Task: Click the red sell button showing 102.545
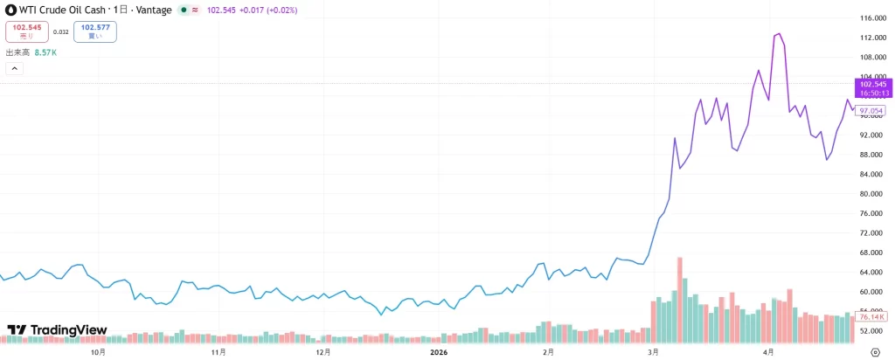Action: tap(26, 31)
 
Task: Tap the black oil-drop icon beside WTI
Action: tap(10, 10)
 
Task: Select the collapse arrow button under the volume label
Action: tap(14, 68)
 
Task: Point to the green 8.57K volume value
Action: tap(45, 52)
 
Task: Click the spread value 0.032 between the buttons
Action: tap(60, 32)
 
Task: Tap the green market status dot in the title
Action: tap(184, 10)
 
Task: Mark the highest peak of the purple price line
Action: tap(779, 34)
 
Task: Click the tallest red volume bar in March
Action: tap(680, 300)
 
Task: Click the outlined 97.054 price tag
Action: tap(870, 111)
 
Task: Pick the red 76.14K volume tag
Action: tap(870, 316)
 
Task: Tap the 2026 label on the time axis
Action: tap(440, 352)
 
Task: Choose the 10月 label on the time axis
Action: tap(98, 352)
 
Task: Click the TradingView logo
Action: tap(57, 329)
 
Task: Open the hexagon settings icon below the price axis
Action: tap(875, 351)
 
